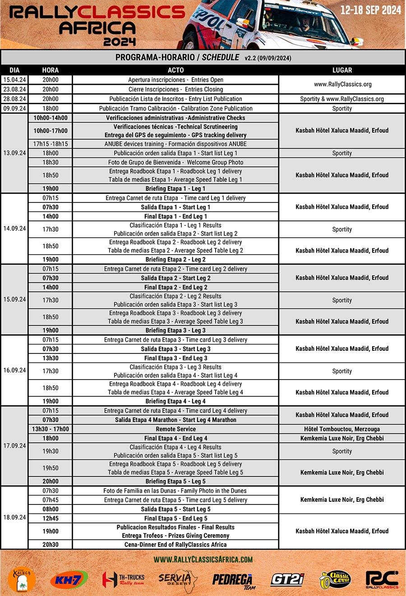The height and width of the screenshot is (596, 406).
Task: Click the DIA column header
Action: (x=14, y=70)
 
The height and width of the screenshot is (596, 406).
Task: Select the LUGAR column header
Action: (x=342, y=70)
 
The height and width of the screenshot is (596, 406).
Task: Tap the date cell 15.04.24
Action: (x=14, y=80)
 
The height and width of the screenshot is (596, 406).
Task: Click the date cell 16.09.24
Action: (x=14, y=370)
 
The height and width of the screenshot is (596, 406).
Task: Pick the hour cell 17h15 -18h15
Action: (x=51, y=144)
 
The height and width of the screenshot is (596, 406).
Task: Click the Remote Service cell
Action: (x=175, y=429)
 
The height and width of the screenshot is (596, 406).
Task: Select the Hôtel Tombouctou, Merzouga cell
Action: (x=342, y=429)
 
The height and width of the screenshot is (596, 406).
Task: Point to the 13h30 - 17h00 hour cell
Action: (x=51, y=429)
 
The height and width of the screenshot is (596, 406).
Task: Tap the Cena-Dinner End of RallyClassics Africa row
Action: (x=175, y=545)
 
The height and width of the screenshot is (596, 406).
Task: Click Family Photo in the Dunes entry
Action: (x=175, y=491)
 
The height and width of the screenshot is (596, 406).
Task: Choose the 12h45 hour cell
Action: (x=51, y=518)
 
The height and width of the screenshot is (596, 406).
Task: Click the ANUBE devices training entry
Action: (x=175, y=144)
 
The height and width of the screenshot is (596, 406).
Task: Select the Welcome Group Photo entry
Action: (x=175, y=162)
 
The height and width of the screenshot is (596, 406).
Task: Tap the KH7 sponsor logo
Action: (x=69, y=579)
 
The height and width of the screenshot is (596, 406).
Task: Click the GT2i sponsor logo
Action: (x=287, y=579)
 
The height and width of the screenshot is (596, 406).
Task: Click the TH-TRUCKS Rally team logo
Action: (x=123, y=579)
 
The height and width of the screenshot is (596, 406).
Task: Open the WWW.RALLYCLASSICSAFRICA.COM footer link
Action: (x=203, y=559)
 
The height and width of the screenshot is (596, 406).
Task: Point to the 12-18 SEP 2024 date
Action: (x=370, y=10)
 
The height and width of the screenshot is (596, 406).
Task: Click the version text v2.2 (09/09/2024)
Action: (x=268, y=58)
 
